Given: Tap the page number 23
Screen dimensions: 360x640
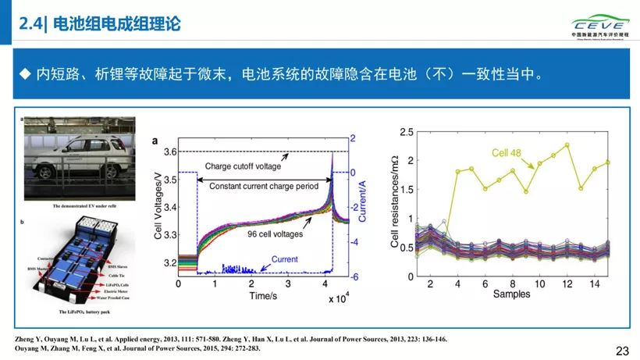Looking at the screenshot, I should pos(622,351).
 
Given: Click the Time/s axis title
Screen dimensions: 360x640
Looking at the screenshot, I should pos(264,298).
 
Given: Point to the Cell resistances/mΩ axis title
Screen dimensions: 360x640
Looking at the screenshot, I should pos(395,204).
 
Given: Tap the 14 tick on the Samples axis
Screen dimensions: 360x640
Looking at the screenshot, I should pos(595,283).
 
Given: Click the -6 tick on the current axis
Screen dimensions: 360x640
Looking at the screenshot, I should pos(354,277).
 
